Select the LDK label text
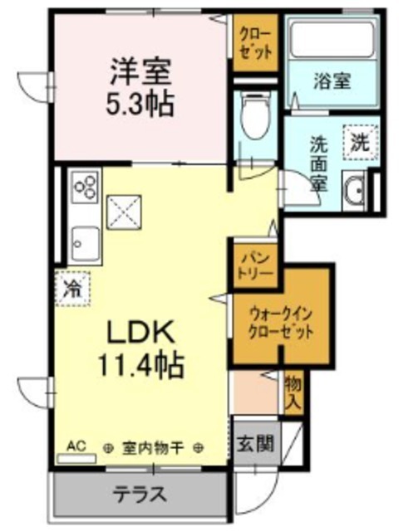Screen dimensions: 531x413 [x=139, y=332]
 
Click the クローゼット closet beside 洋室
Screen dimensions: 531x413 [x=254, y=41]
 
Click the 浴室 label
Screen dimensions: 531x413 [x=332, y=81]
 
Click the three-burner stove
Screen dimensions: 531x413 [x=86, y=190]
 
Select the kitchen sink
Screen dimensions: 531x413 [x=84, y=241]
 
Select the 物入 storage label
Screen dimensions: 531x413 [x=292, y=392]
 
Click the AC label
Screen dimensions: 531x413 [x=76, y=446]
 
